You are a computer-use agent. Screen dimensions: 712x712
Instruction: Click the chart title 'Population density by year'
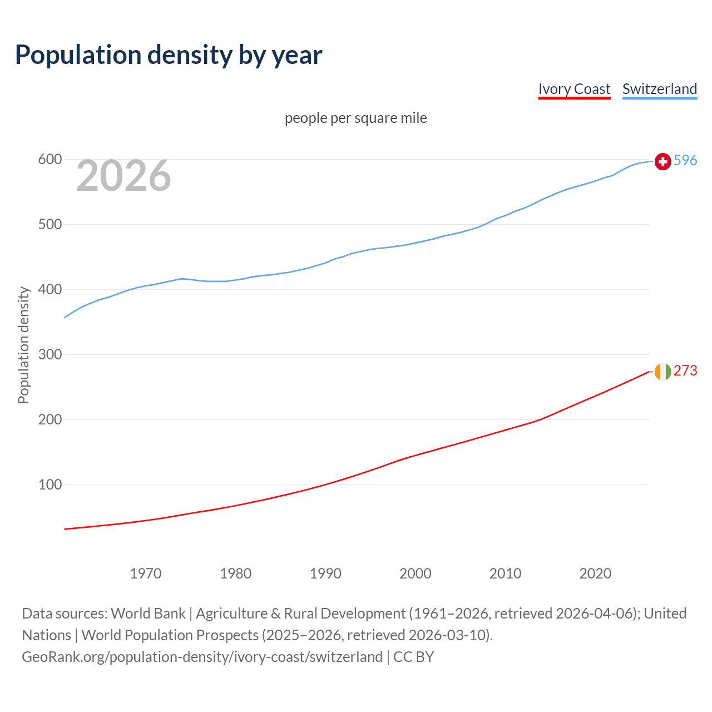click(169, 55)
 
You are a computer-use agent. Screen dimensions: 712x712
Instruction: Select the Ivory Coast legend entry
click(574, 89)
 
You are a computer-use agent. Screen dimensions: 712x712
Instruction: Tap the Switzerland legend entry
click(659, 89)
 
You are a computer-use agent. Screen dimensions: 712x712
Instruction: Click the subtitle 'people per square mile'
click(355, 118)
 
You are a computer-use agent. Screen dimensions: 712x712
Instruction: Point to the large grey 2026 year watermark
click(123, 176)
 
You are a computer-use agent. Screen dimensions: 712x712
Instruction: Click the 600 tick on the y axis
click(50, 160)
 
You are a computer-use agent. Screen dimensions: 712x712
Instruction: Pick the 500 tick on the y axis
click(50, 225)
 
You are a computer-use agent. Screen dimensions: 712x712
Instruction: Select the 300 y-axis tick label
click(50, 355)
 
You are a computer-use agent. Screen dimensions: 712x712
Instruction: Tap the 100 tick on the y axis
click(50, 485)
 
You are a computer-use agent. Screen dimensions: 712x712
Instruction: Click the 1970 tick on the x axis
click(146, 573)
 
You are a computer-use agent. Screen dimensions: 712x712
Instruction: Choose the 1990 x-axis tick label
click(325, 573)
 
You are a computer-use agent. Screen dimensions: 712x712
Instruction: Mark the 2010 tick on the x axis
click(505, 573)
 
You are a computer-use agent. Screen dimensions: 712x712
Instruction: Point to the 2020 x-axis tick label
click(595, 573)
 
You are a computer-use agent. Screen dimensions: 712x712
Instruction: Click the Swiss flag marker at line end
click(662, 161)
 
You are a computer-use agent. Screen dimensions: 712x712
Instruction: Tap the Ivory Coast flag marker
click(662, 372)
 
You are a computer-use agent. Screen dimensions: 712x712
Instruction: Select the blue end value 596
click(685, 161)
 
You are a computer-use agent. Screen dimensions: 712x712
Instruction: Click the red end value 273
click(685, 371)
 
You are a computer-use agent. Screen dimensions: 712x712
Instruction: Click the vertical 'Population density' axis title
click(23, 345)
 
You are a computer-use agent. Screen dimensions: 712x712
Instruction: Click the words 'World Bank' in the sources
click(148, 614)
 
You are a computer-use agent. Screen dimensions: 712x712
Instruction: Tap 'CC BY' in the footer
click(413, 657)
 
